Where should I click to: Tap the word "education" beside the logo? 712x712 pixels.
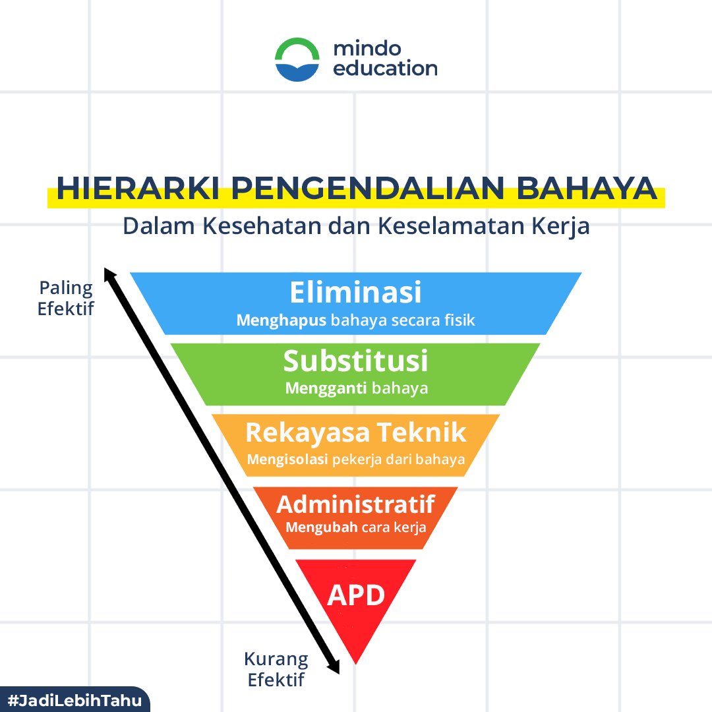(385, 69)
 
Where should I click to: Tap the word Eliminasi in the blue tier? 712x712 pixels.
(355, 292)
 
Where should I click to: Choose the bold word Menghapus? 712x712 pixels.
(282, 321)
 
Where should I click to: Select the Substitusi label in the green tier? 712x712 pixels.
(355, 361)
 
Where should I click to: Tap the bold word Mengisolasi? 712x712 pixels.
(287, 460)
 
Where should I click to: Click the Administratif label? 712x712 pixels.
(355, 504)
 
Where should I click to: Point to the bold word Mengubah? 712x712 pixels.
(321, 527)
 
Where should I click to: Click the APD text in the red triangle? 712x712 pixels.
(356, 595)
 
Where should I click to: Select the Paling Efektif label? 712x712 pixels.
(65, 298)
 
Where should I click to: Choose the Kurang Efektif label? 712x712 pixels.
(276, 668)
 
